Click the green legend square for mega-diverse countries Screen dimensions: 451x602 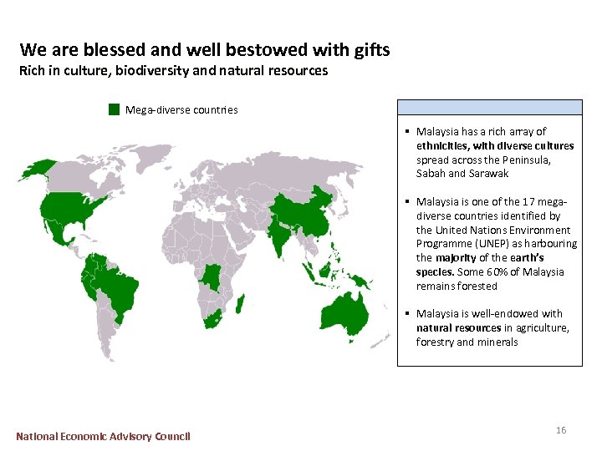pos(114,109)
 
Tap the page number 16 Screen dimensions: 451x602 pos(561,430)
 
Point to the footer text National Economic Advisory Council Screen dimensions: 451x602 pos(103,436)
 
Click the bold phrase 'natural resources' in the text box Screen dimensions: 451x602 pos(459,328)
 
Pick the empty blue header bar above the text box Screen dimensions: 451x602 pos(489,107)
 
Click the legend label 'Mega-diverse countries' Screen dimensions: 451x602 pos(181,110)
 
